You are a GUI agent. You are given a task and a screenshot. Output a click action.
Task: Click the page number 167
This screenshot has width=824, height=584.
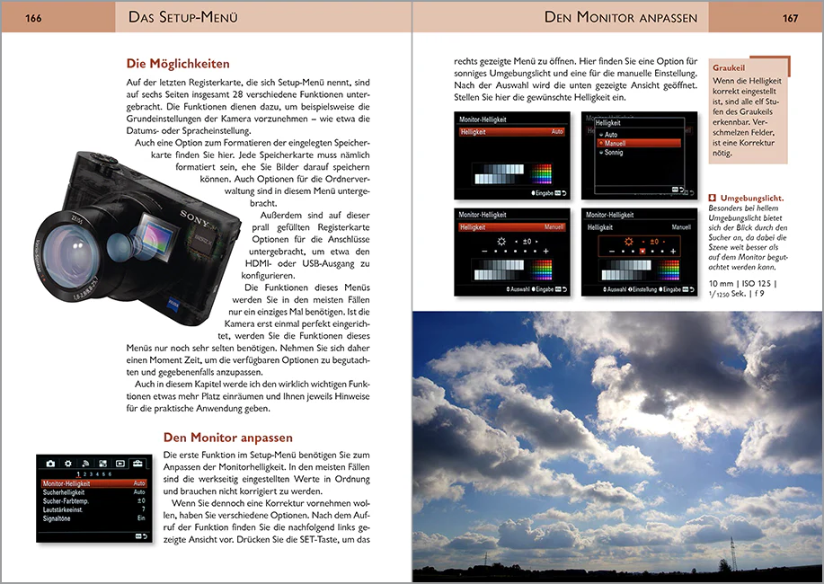(790, 17)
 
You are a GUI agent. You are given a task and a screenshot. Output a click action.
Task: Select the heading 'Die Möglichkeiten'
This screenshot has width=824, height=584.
(178, 64)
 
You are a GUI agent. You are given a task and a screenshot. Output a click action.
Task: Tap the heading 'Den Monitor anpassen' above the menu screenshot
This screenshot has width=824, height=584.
(227, 438)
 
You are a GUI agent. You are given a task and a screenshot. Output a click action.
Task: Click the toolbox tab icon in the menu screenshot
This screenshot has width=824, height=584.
(137, 463)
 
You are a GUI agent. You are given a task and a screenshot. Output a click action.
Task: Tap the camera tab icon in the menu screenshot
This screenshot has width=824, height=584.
(51, 463)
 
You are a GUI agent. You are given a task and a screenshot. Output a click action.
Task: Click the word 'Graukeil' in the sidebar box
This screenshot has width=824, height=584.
(729, 67)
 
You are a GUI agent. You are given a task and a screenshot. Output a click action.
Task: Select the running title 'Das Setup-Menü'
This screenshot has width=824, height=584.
(183, 17)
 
